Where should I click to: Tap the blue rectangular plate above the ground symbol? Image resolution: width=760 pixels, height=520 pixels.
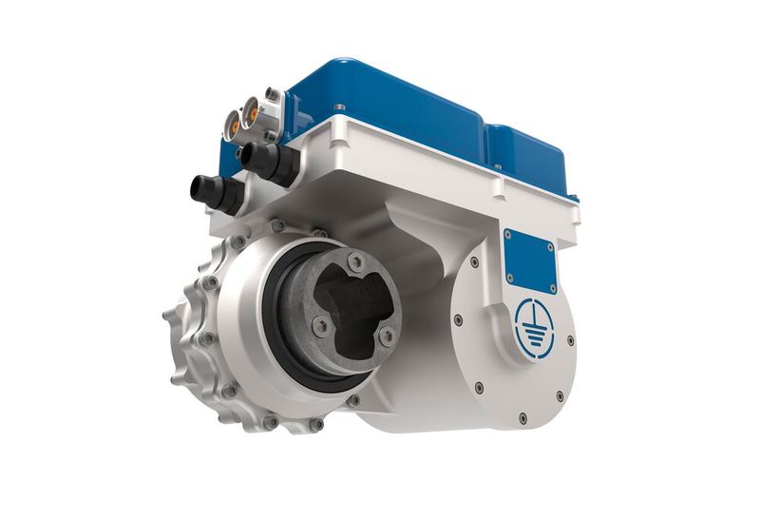pos(529,258)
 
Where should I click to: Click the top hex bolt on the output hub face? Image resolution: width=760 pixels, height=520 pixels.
pos(355,261)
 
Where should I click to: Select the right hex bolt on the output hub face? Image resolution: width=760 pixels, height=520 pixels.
pos(386,336)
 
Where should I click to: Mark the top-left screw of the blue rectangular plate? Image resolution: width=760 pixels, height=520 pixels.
pos(507,234)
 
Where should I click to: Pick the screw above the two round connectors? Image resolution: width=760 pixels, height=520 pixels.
pos(273,93)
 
